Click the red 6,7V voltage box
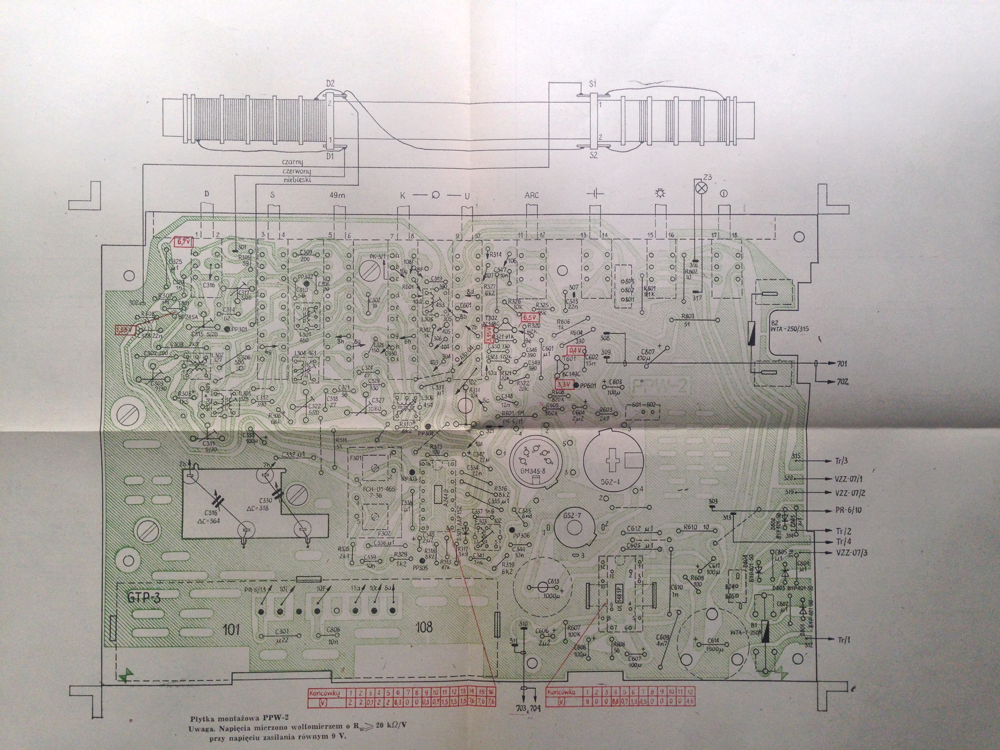(184, 242)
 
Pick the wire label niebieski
(298, 180)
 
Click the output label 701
(842, 363)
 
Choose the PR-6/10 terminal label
(849, 510)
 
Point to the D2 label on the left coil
(330, 84)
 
